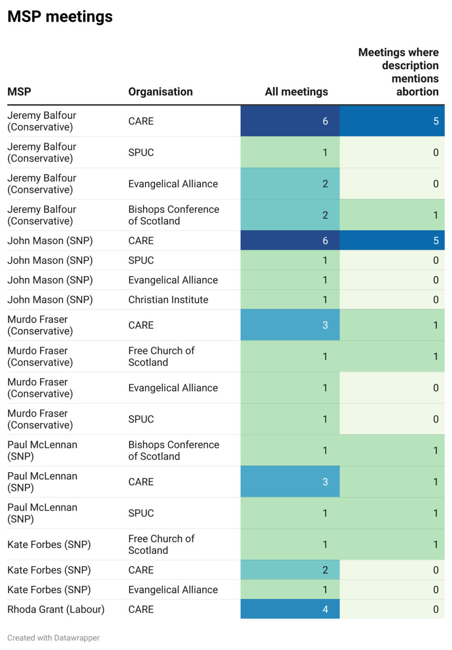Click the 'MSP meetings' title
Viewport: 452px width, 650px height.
[x=60, y=17]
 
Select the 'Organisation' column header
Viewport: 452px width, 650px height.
[x=160, y=92]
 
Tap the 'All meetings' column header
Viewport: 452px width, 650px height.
[x=296, y=92]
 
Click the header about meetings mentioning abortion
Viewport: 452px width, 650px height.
[x=398, y=72]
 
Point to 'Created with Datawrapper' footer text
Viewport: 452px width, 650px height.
[x=53, y=637]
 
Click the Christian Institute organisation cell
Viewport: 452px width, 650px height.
[x=168, y=300]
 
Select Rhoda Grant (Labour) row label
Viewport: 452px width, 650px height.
[x=56, y=609]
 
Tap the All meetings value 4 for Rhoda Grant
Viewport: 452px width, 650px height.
[x=325, y=609]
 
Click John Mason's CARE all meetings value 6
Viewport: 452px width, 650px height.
[x=325, y=241]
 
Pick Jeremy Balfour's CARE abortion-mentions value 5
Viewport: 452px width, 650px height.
[x=436, y=121]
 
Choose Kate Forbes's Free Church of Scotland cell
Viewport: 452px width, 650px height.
[x=161, y=544]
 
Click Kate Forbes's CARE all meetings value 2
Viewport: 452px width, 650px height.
[x=325, y=570]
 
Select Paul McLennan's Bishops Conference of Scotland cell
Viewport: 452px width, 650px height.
[x=173, y=450]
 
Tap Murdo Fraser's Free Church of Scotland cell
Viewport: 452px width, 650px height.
[x=161, y=357]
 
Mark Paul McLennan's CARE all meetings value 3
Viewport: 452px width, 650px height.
[x=325, y=482]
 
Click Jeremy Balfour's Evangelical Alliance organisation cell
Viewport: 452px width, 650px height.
[x=173, y=184]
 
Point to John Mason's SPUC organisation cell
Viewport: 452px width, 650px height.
[x=141, y=260]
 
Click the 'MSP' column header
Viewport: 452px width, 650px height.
[x=19, y=92]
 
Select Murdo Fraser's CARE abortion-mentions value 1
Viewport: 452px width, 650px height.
[x=436, y=325]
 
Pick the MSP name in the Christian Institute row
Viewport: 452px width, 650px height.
[x=50, y=300]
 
